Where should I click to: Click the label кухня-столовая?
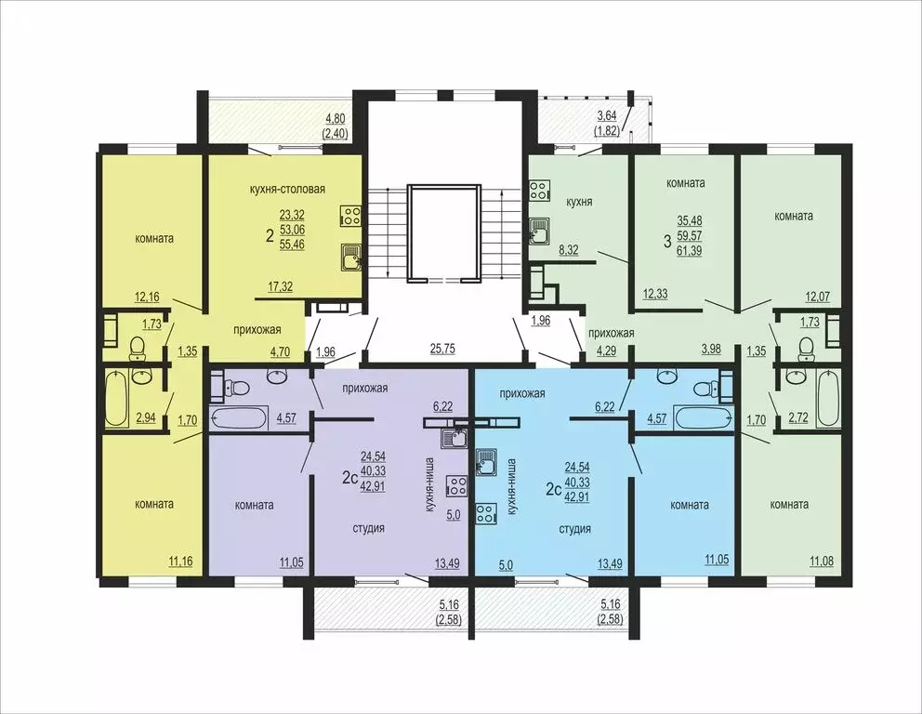(x=287, y=190)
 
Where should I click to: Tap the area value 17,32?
(x=281, y=287)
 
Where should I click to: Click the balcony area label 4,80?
(x=336, y=118)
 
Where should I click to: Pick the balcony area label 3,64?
(x=606, y=116)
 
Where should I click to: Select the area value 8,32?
(x=568, y=250)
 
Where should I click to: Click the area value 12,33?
(x=655, y=294)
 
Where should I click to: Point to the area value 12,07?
(x=817, y=297)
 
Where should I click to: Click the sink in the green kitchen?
(x=540, y=231)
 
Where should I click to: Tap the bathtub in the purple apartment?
(x=239, y=417)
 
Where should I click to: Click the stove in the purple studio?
(x=456, y=486)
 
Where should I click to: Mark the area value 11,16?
(x=180, y=562)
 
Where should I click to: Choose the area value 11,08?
(x=822, y=562)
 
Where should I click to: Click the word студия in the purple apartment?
(x=369, y=528)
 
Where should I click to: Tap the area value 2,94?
(x=147, y=418)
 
